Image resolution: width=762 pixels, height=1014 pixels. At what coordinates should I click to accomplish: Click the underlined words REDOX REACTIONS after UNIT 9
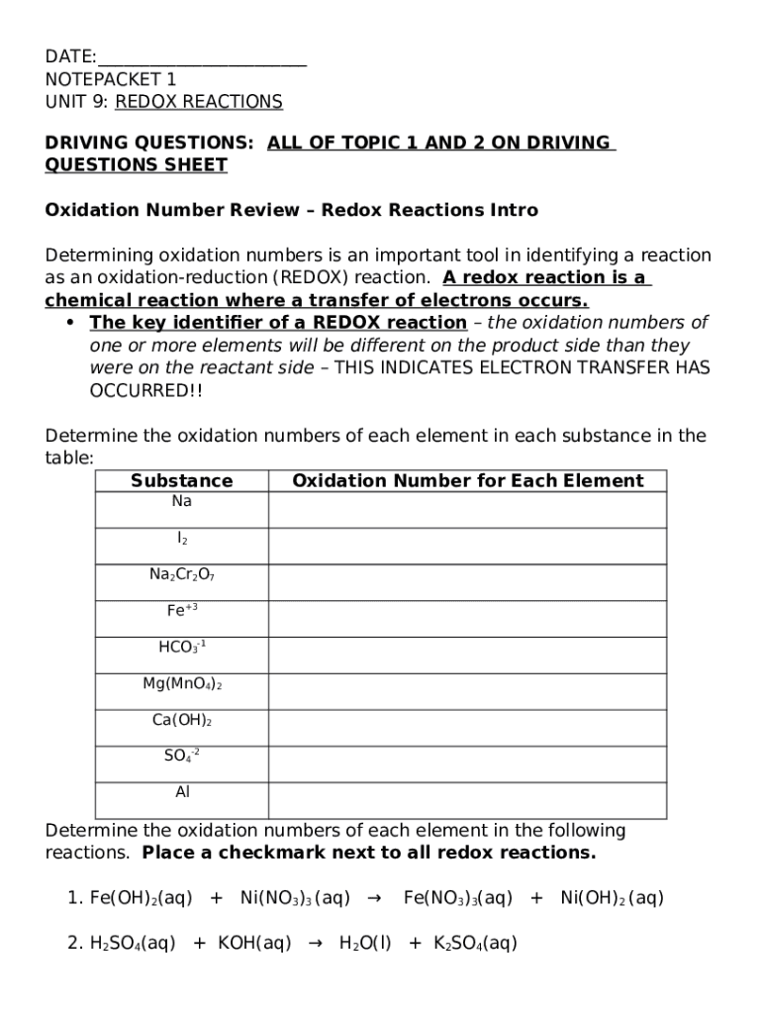click(x=199, y=102)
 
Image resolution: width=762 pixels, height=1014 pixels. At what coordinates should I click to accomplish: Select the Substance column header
click(x=182, y=481)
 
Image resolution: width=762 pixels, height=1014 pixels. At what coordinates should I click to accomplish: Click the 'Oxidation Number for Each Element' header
click(x=467, y=481)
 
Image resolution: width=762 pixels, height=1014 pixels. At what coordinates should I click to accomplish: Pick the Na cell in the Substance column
click(x=182, y=502)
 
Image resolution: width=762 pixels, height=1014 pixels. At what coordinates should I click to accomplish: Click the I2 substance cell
click(x=182, y=539)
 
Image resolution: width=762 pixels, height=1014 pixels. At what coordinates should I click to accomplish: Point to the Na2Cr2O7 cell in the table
click(x=182, y=575)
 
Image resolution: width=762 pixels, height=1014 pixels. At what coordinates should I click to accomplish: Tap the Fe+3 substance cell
click(x=182, y=612)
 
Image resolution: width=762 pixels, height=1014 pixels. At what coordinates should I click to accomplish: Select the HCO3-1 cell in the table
click(x=182, y=649)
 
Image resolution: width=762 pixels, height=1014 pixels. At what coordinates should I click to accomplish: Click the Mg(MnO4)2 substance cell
click(x=182, y=685)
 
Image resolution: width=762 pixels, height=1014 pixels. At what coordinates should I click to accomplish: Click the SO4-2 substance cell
click(x=182, y=758)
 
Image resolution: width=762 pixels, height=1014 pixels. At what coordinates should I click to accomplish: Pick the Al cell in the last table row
click(x=182, y=792)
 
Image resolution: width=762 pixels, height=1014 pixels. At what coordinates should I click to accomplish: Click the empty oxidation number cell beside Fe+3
click(x=467, y=619)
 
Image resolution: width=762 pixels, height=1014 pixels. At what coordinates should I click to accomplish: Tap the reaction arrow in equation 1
click(x=374, y=899)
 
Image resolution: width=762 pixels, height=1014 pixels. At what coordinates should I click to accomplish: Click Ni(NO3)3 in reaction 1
click(x=295, y=899)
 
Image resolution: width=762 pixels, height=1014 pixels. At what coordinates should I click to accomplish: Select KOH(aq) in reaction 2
click(x=254, y=945)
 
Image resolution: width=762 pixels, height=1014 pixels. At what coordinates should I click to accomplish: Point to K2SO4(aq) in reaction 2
click(x=475, y=945)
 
